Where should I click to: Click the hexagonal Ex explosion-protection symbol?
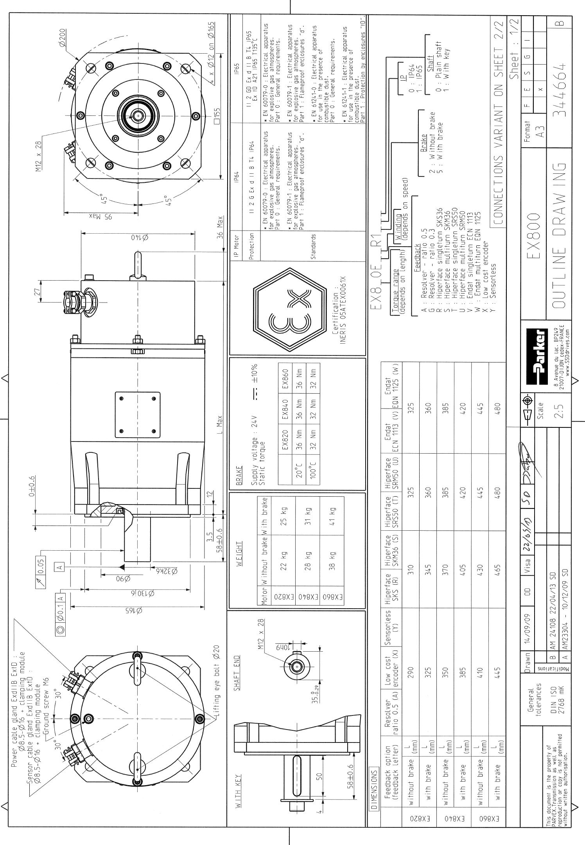[x=290, y=309]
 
